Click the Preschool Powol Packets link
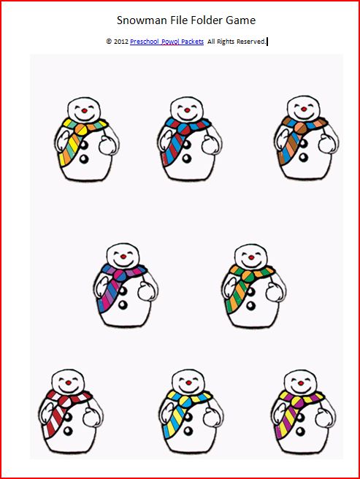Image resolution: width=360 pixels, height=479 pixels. pos(167,42)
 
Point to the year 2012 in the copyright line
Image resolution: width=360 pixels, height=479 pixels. pos(121,42)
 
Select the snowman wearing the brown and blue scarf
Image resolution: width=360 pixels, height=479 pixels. pos(306,138)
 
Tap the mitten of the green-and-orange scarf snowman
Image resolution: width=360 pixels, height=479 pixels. pos(275,292)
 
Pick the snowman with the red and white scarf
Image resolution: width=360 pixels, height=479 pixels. pos(71,412)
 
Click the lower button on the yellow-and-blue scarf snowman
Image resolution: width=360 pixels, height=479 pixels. pos(188,431)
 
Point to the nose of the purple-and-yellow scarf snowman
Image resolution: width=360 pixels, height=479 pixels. pos(301,383)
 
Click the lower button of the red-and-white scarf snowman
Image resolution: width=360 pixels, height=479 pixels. pos(68,431)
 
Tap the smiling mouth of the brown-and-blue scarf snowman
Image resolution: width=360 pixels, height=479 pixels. pos(303,116)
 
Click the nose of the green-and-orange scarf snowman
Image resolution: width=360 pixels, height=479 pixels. pos(251,258)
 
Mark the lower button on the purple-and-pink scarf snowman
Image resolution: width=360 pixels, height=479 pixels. pos(123,304)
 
